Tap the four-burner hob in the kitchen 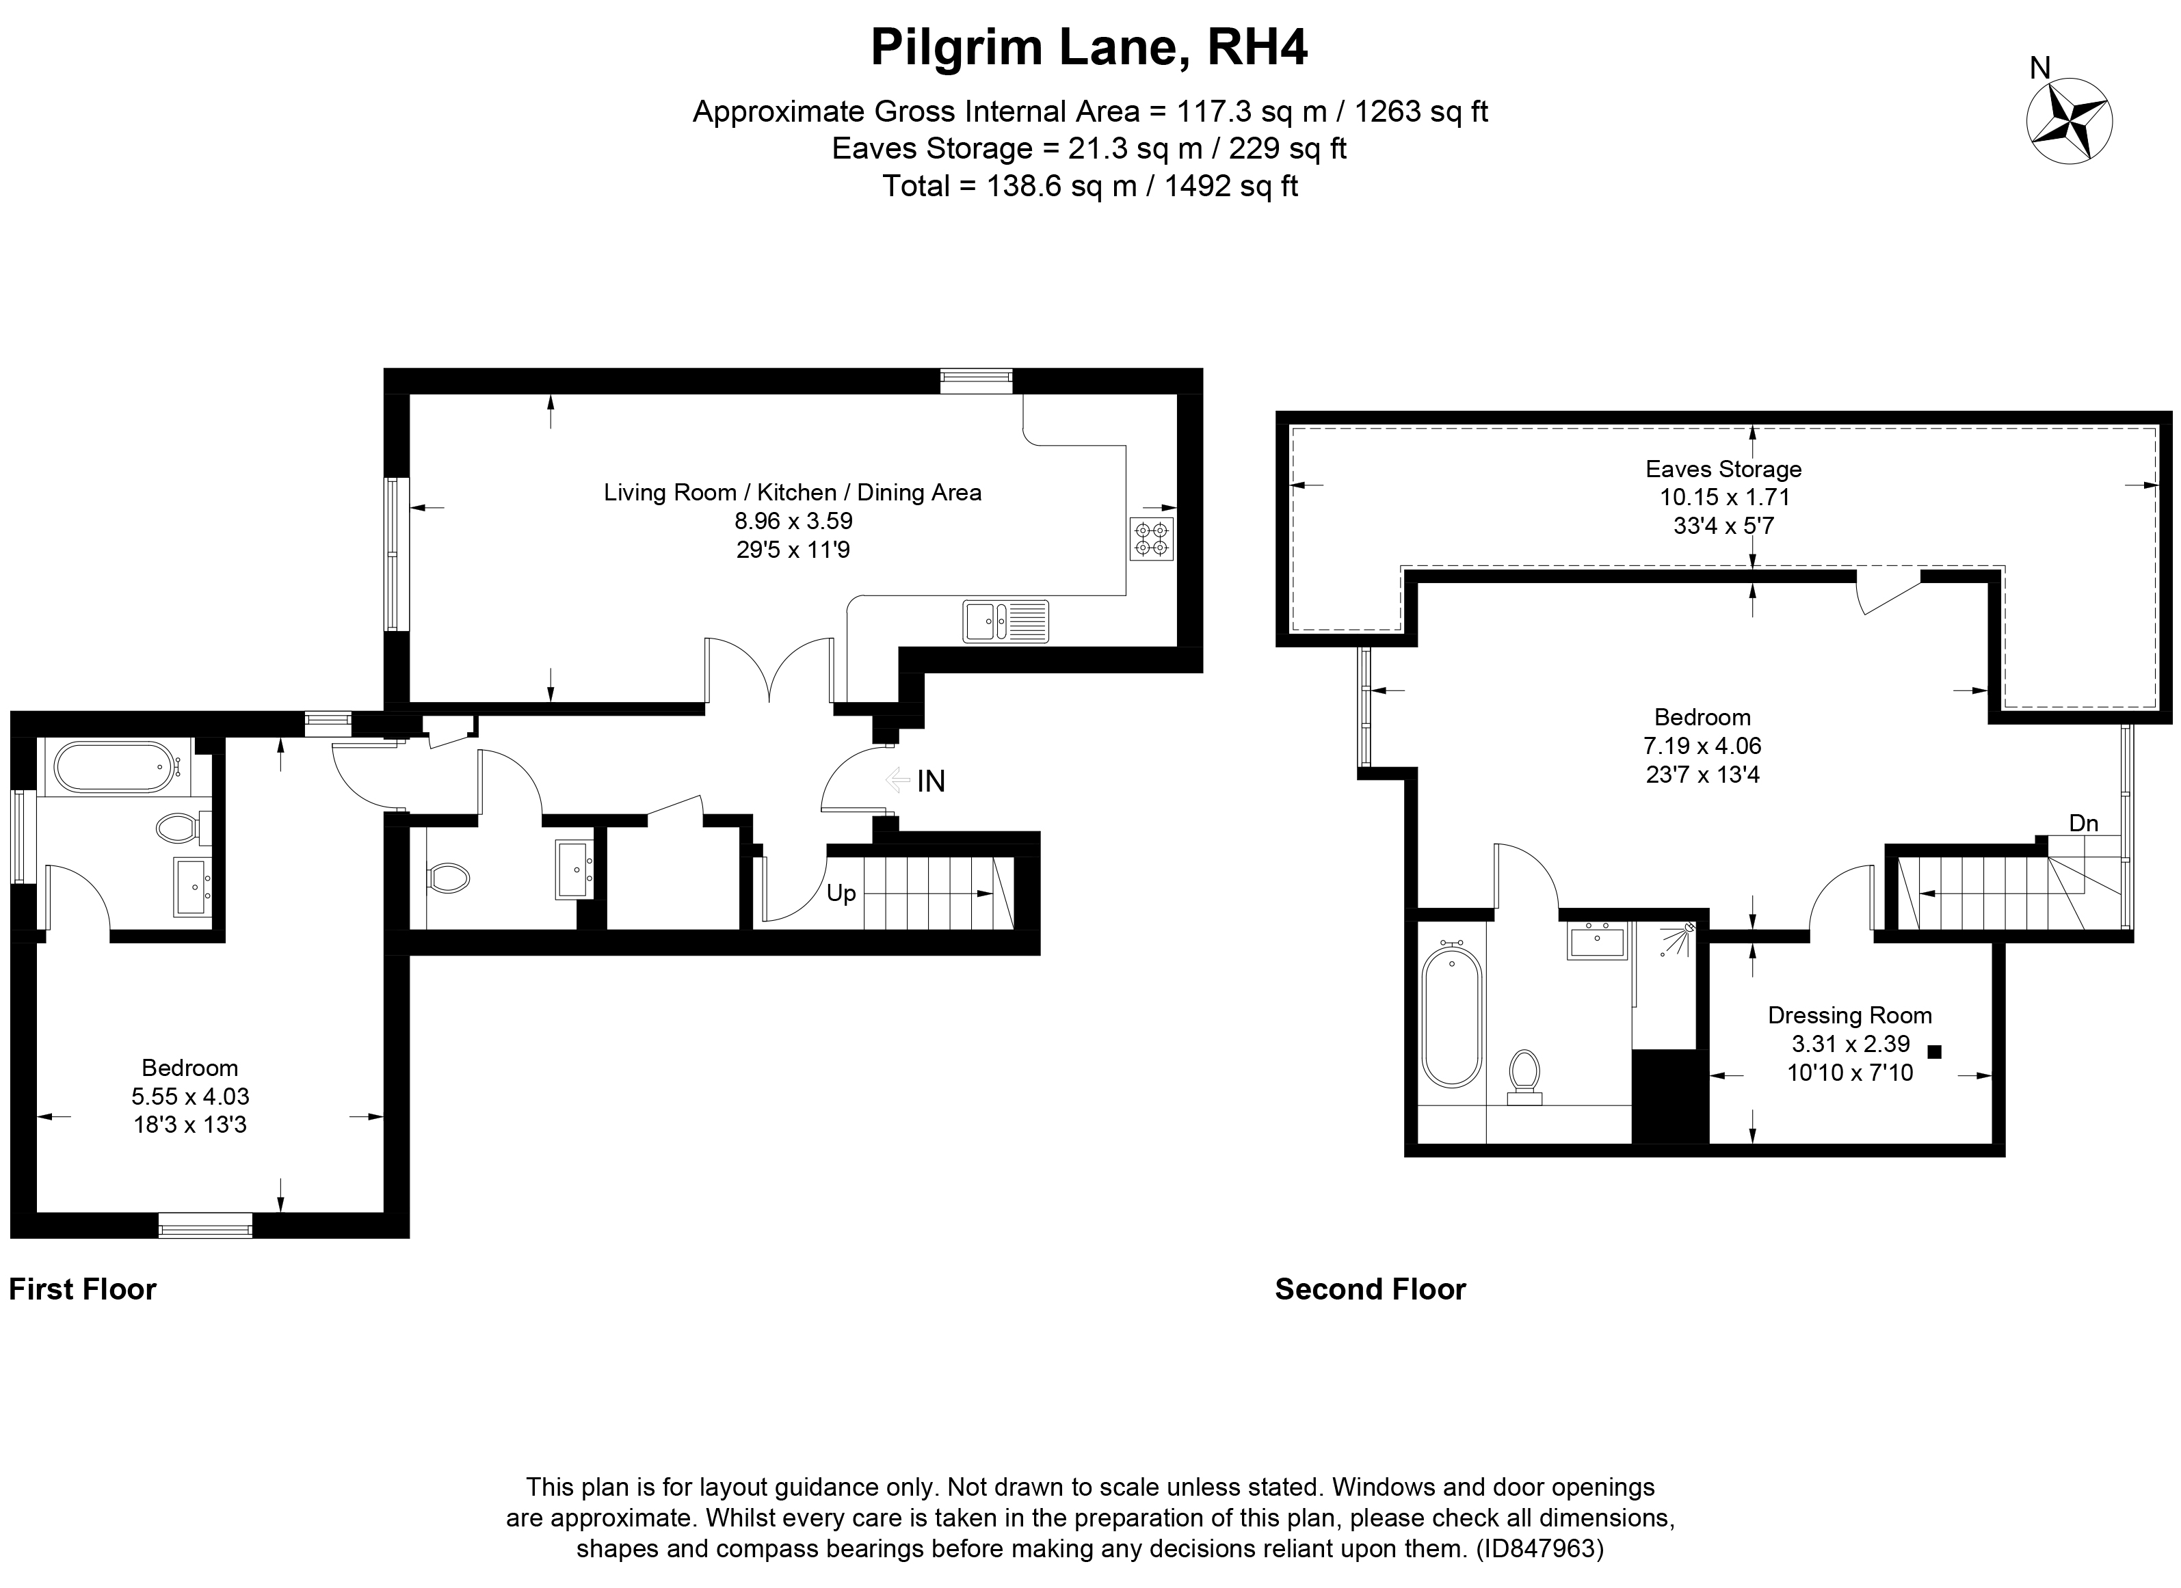[1151, 538]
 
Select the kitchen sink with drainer [1005, 620]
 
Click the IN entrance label [930, 781]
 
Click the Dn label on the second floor [2083, 823]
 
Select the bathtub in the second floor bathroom [1451, 1017]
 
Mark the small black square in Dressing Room [1935, 1051]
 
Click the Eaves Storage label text [1723, 469]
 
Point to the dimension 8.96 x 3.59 [793, 521]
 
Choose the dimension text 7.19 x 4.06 [1702, 745]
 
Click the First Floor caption [83, 1289]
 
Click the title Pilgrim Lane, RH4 [1089, 47]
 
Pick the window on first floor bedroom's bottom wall [204, 1224]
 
